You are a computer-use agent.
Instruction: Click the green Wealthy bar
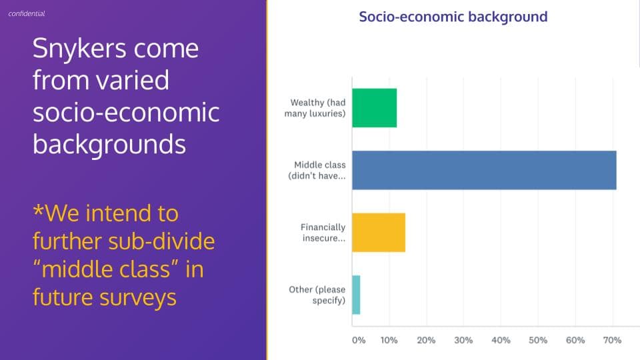[x=374, y=108]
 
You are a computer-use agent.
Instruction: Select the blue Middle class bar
[x=484, y=170]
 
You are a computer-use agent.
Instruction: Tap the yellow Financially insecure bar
[x=379, y=232]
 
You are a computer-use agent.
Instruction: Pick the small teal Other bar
[x=356, y=295]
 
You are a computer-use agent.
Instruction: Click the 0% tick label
[x=359, y=340]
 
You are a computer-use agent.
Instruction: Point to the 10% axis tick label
[x=389, y=340]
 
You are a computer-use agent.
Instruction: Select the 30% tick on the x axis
[x=463, y=340]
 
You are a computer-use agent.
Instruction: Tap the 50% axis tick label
[x=538, y=340]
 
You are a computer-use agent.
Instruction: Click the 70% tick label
[x=612, y=340]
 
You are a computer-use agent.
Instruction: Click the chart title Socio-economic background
[x=453, y=17]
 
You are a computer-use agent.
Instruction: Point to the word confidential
[x=27, y=13]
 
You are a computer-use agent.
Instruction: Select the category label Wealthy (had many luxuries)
[x=315, y=108]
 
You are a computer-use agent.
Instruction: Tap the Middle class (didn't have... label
[x=317, y=171]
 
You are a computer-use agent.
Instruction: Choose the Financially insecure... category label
[x=323, y=233]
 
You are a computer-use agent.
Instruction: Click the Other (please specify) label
[x=317, y=295]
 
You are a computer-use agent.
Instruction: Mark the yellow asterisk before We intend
[x=38, y=210]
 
